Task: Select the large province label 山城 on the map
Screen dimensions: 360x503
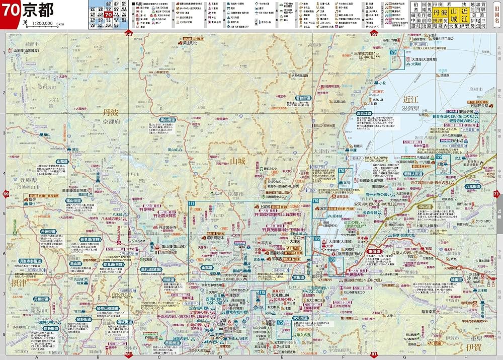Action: pyautogui.click(x=236, y=161)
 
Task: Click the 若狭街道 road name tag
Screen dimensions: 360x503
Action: pyautogui.click(x=303, y=98)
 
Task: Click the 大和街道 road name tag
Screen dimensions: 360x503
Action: pyautogui.click(x=300, y=318)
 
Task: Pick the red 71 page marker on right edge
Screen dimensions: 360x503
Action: pyautogui.click(x=497, y=194)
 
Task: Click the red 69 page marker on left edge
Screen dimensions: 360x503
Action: pyautogui.click(x=6, y=194)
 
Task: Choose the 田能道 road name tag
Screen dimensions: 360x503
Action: pyautogui.click(x=169, y=280)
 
